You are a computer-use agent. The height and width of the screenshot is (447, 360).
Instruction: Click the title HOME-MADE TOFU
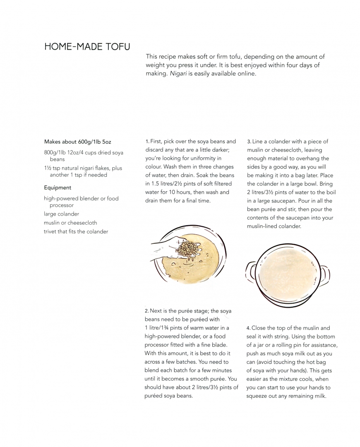pyautogui.click(x=87, y=46)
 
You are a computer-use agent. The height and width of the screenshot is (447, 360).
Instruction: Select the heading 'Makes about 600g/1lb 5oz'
pyautogui.click(x=78, y=142)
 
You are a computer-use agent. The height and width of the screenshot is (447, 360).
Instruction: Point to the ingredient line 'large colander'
pyautogui.click(x=61, y=214)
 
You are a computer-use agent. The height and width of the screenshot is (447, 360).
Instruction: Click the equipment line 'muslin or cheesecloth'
pyautogui.click(x=70, y=223)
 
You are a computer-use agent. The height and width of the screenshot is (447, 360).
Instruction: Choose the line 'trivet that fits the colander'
pyautogui.click(x=76, y=231)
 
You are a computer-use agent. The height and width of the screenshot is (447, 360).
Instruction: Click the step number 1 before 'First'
pyautogui.click(x=147, y=142)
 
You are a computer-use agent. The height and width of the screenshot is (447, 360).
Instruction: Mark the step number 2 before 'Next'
pyautogui.click(x=146, y=311)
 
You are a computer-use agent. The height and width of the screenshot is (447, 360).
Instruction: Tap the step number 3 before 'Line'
pyautogui.click(x=249, y=142)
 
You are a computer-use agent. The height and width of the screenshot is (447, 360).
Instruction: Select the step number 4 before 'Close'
pyautogui.click(x=248, y=328)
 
